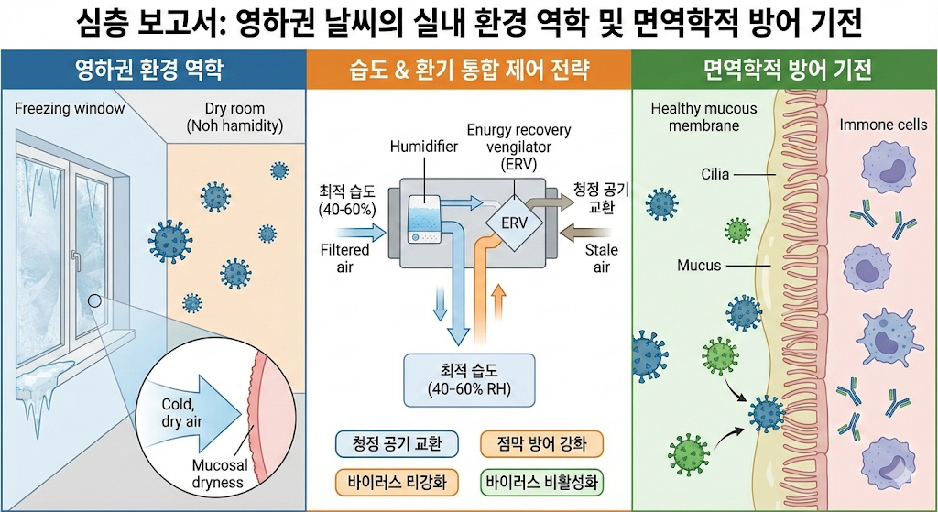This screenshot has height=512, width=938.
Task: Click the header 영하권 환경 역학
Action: pos(152,69)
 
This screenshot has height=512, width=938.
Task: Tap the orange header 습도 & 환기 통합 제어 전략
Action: pos(468,69)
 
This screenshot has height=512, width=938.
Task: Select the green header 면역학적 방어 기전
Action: pos(785,69)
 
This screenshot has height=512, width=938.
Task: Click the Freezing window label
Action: pos(70,110)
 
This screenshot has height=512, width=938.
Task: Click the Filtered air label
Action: pos(344,257)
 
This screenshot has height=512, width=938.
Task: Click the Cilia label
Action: pos(715,173)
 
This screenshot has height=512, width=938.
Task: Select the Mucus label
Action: pos(699,266)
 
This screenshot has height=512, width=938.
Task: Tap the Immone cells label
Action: pos(883,125)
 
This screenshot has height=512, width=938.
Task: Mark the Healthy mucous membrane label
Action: pos(703,116)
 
